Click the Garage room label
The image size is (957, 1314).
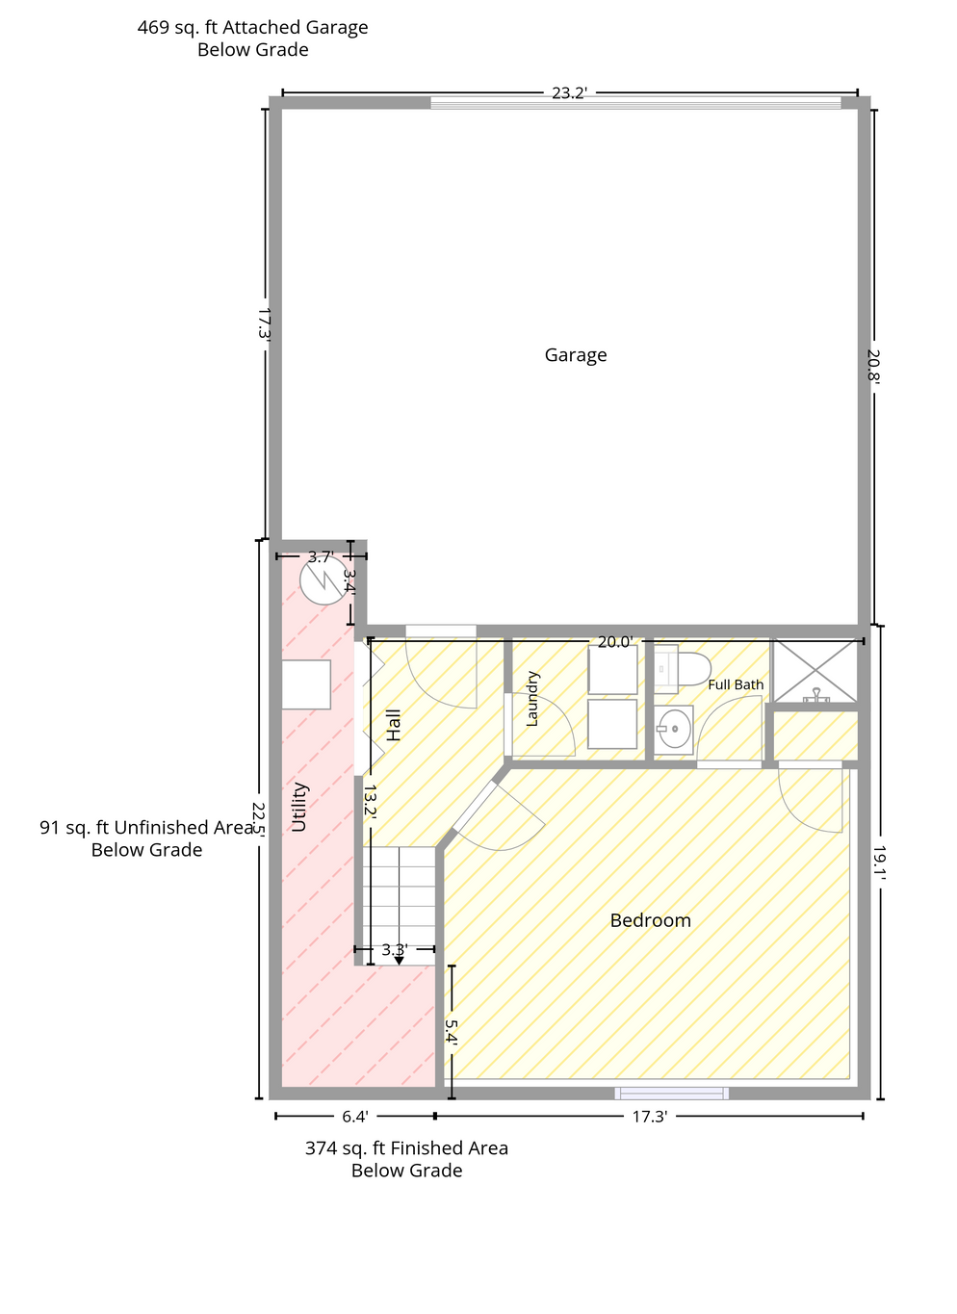575,355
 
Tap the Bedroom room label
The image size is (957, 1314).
650,920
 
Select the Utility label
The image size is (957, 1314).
299,807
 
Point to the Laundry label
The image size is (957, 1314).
532,699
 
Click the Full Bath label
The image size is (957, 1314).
736,684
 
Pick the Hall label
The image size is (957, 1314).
393,725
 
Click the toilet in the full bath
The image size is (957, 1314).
683,666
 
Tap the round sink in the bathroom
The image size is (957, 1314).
674,729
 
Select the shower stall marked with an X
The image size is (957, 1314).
815,671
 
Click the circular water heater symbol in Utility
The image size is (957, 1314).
323,580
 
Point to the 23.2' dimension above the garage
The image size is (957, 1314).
569,92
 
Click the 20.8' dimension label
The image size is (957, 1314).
873,365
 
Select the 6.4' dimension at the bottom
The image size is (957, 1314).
355,1117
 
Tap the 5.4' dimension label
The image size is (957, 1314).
450,1031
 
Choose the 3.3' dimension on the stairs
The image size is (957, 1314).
395,950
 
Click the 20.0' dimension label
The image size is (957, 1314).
615,642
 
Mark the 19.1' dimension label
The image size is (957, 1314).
879,862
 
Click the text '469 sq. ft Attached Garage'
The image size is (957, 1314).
253,28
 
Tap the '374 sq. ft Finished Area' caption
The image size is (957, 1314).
406,1148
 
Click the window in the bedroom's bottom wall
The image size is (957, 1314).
671,1094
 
